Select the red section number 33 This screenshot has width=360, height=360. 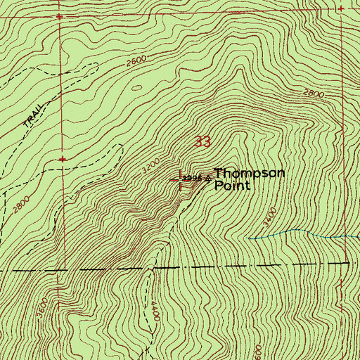tap(202, 142)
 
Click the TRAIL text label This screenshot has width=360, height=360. tap(30, 115)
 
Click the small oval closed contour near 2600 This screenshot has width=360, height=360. tap(136, 88)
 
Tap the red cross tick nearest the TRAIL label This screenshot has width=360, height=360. tap(63, 159)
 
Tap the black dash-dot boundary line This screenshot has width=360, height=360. tap(211, 266)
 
